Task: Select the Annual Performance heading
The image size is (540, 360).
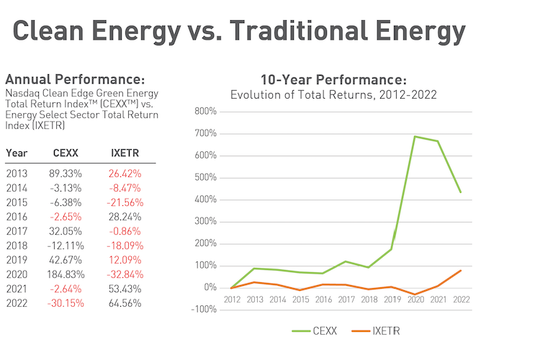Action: tap(75, 79)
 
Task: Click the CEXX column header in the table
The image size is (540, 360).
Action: tap(66, 153)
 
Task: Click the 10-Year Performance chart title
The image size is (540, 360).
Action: tap(333, 79)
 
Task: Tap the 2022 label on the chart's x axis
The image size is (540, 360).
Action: tap(461, 300)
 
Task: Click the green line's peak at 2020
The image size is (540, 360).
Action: tap(415, 136)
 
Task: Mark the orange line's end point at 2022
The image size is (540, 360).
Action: tap(461, 270)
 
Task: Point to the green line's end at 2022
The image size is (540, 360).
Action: tap(461, 192)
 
